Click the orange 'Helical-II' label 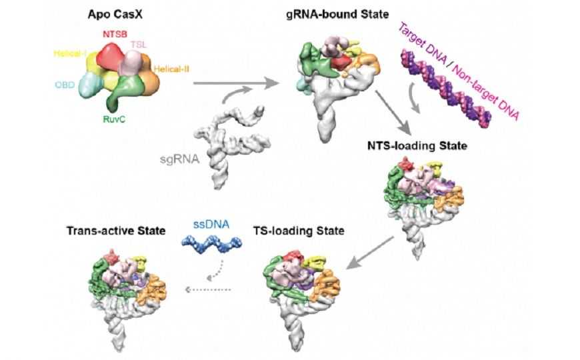pyautogui.click(x=172, y=68)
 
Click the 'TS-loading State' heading pyautogui.click(x=299, y=231)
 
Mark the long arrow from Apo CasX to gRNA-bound pyautogui.click(x=233, y=84)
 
